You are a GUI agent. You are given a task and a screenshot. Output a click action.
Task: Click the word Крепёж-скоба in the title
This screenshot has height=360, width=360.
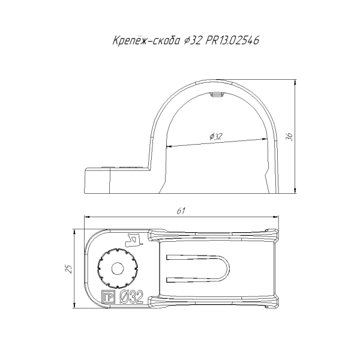pos(146,40)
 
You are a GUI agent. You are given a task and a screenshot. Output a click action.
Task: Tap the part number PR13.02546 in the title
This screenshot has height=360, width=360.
pos(232,40)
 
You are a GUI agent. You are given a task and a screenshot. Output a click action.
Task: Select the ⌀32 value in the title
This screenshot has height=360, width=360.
pos(193,40)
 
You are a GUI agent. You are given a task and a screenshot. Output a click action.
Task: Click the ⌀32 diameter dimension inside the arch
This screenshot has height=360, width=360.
pos(216,136)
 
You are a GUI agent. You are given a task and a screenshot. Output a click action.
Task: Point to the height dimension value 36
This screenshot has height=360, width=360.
pos(290,137)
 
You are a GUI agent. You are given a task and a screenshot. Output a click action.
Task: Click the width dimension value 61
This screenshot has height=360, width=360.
pos(181,211)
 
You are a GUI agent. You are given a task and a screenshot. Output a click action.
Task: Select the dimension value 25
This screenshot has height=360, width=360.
pos(68,269)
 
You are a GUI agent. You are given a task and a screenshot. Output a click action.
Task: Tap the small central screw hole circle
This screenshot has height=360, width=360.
pos(118,268)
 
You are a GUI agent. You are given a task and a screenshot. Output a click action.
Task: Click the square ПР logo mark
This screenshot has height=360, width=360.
pos(108,296)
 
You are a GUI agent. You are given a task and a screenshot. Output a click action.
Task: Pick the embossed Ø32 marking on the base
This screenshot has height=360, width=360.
pos(131,296)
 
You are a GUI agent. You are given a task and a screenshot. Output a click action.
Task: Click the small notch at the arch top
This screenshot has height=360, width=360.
pos(217,95)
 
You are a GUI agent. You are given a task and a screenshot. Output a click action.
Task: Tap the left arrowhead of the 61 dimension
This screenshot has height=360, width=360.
pos(86,216)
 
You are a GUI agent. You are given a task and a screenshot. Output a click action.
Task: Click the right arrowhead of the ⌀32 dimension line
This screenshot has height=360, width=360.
pos(265,139)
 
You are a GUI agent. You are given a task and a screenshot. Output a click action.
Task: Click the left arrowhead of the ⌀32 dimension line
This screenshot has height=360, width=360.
pos(169,146)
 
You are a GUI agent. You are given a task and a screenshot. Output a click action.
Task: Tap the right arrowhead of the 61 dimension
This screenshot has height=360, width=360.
pos(276,216)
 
